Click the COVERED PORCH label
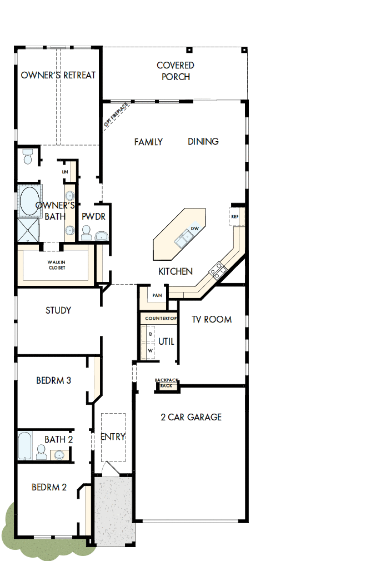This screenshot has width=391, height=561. pos(176,71)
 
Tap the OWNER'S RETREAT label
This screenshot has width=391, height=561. pos(58,75)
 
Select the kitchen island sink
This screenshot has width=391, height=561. pos(183,240)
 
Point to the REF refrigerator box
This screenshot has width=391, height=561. pos(235,216)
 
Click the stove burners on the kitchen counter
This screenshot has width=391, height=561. pos(217,271)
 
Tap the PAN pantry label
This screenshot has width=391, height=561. pos(157,295)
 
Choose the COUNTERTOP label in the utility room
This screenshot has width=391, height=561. pos(159,318)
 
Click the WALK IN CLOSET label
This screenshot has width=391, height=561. pos(57,265)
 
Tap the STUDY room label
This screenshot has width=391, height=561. pos(58,310)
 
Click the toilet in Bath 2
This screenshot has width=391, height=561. pos(42,452)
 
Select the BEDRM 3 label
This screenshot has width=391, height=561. pos(53,381)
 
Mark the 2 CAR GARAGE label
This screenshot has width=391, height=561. pos(191,417)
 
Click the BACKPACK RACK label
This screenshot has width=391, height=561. pos(167,383)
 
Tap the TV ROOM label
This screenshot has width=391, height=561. pos(212,320)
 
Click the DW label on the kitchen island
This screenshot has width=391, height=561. pos(195,229)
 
